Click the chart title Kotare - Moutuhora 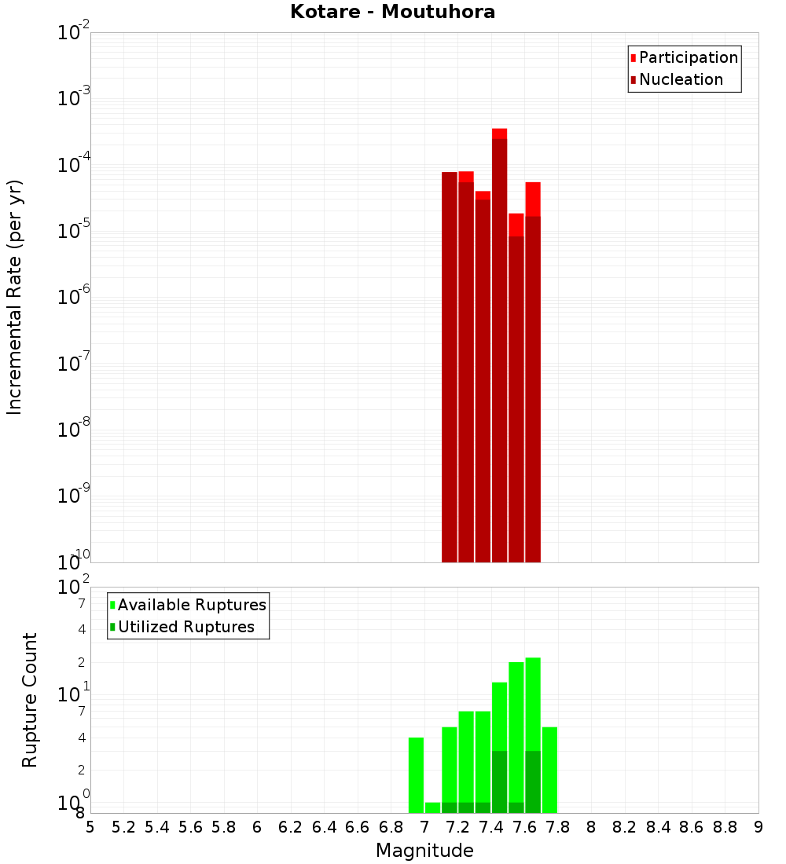tap(392, 12)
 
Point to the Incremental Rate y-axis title tap(15, 297)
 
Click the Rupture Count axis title tap(30, 700)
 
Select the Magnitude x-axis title tap(424, 851)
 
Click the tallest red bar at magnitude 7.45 tap(499, 346)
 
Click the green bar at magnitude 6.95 tap(416, 774)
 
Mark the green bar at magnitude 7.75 tap(549, 770)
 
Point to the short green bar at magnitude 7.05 tap(432, 807)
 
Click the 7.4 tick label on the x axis tap(491, 827)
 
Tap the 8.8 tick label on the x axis tap(725, 827)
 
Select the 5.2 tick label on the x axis tap(123, 827)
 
